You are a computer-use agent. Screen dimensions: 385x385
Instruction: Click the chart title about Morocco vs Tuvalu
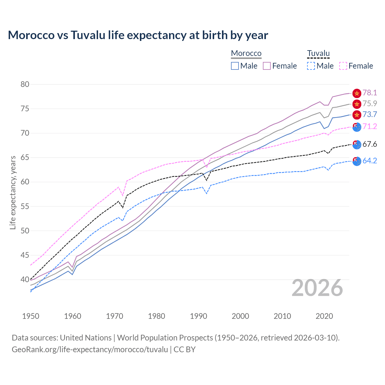[138, 35]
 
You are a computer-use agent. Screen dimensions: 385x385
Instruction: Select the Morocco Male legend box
[235, 66]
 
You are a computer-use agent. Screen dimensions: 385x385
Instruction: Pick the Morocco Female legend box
[267, 66]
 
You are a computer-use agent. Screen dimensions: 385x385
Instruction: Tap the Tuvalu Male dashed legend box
[311, 66]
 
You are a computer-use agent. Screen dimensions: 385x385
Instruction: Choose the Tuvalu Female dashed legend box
[343, 66]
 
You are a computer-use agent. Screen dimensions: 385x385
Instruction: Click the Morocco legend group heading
[246, 53]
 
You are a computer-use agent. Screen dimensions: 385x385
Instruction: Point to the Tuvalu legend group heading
[318, 53]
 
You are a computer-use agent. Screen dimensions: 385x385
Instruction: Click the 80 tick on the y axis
[25, 84]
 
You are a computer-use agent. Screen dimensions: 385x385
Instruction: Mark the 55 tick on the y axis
[25, 206]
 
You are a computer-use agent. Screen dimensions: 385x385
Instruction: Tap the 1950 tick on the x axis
[31, 316]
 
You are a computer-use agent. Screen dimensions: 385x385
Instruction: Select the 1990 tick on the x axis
[199, 316]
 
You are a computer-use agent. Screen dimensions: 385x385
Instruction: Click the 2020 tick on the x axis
[324, 316]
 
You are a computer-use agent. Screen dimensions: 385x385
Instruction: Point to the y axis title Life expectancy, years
[13, 192]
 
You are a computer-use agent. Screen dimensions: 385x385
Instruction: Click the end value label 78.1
[370, 93]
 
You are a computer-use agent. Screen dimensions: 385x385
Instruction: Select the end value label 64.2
[370, 161]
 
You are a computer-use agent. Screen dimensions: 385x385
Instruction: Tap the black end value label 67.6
[370, 144]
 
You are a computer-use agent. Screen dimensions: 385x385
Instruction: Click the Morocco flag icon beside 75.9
[357, 104]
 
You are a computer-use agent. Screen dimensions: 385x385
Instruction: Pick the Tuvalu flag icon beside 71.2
[357, 127]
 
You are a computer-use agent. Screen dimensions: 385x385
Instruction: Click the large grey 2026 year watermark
[317, 288]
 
